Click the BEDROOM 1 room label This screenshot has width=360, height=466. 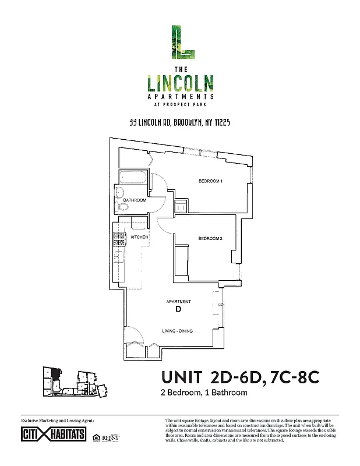(211, 182)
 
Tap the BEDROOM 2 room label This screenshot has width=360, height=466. (210, 238)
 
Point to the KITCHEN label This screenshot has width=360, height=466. (139, 238)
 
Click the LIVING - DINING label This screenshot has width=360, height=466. (177, 331)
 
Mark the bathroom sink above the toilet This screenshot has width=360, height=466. (121, 193)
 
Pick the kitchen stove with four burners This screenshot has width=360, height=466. (119, 238)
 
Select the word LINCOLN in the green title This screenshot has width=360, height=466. (179, 83)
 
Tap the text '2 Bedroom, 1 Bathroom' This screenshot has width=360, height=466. (204, 393)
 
